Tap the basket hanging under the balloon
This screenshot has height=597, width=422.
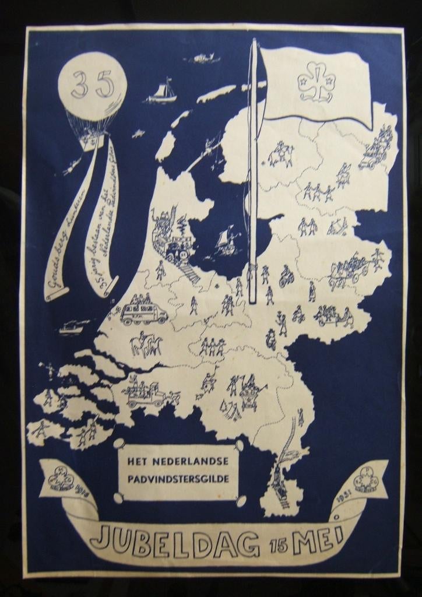(x=90, y=143)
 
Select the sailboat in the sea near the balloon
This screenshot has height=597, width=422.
(x=163, y=92)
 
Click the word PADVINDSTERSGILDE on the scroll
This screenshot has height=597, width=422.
(x=181, y=479)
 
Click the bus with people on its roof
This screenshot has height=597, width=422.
(x=143, y=311)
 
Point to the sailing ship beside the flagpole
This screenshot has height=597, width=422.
(x=226, y=241)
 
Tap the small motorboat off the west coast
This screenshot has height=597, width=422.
(x=71, y=328)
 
